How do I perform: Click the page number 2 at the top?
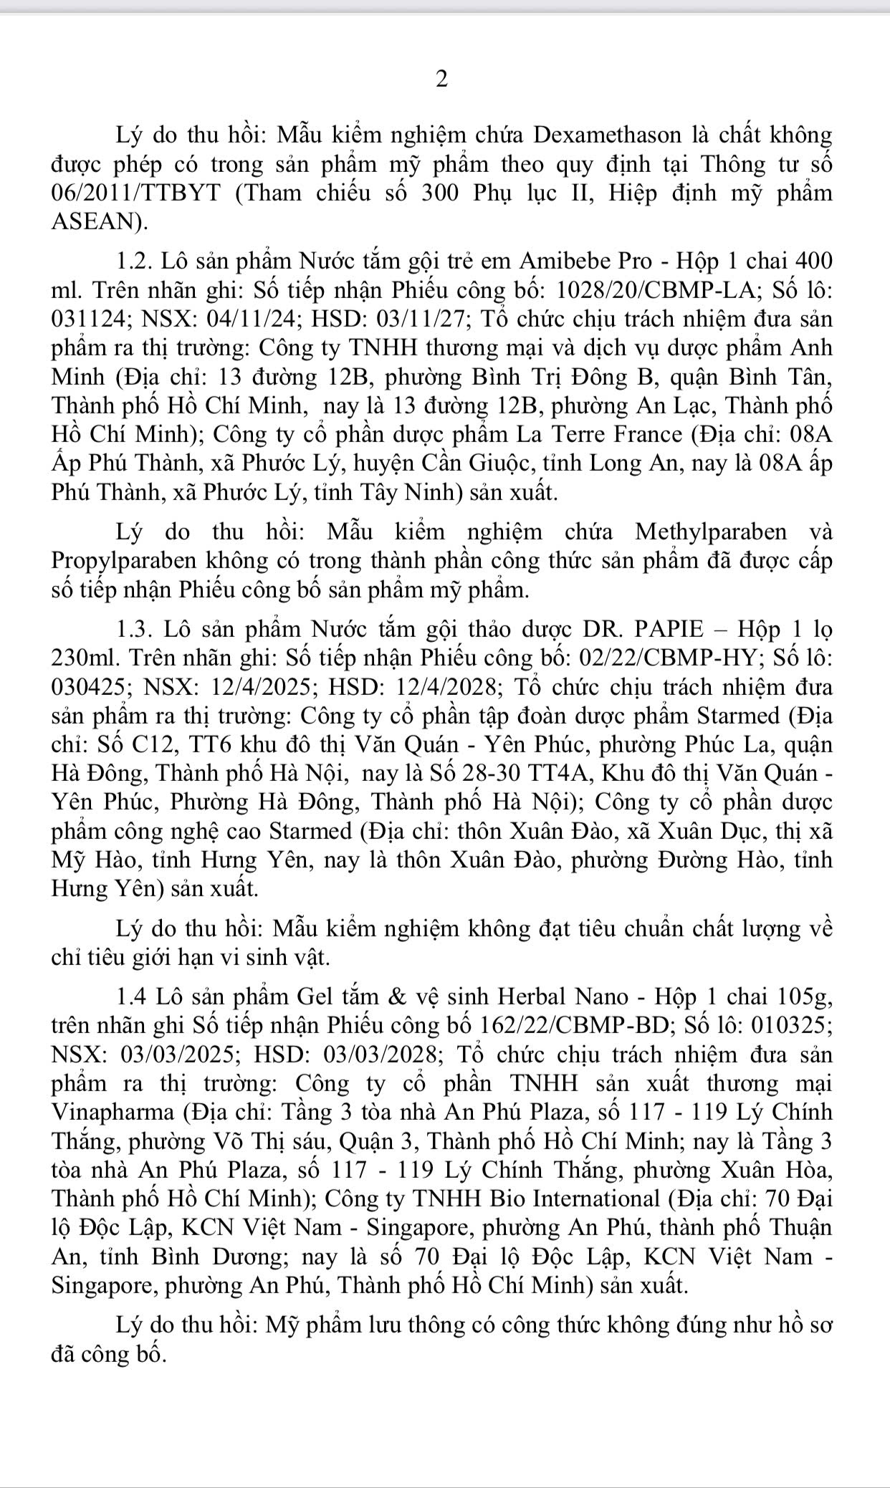coord(441,80)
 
